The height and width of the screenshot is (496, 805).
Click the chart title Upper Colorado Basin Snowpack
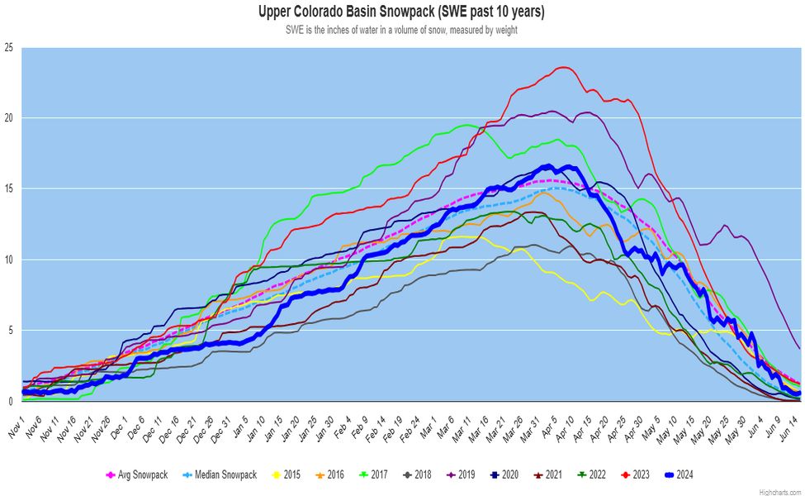coord(402,12)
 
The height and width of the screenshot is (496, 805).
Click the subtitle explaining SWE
coord(402,30)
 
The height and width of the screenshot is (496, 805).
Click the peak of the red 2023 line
coord(564,68)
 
